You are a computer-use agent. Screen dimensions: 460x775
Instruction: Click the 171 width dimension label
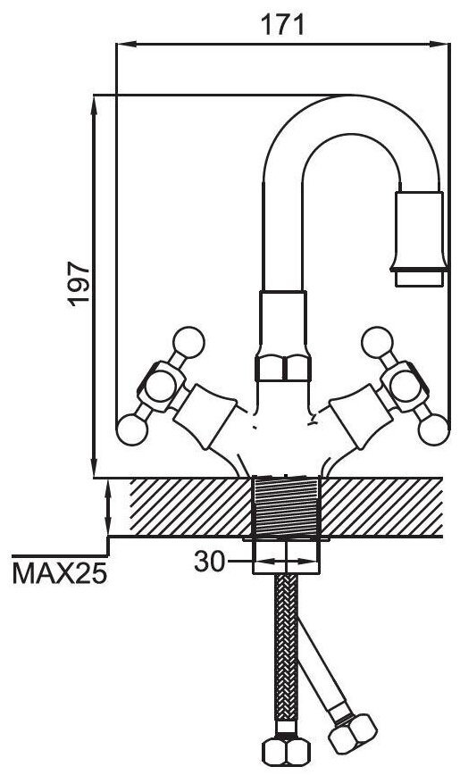pos(282,24)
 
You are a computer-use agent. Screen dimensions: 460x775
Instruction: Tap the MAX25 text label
pos(60,573)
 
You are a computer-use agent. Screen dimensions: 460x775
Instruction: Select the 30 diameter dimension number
pos(209,562)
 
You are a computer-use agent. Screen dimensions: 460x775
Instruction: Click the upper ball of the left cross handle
pos(188,342)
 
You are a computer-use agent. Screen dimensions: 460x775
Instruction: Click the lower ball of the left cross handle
pos(132,429)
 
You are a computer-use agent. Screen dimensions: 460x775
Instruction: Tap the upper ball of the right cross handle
pos(378,342)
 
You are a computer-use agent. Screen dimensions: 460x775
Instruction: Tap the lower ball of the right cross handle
pos(434,429)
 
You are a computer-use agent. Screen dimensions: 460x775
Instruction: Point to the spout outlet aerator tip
pos(420,278)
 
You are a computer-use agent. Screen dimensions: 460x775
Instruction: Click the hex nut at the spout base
pos(283,368)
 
